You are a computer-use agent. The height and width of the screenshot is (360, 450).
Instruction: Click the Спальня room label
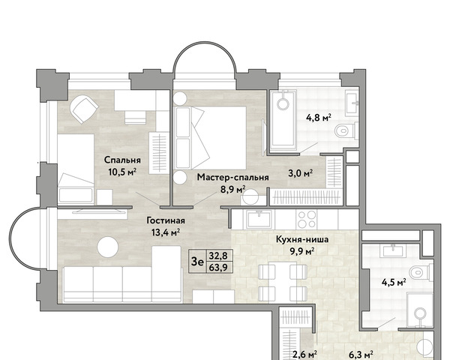(x=122, y=160)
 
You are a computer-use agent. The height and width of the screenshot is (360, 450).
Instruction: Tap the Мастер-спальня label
(x=232, y=178)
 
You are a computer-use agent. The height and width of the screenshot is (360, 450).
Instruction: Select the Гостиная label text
(x=166, y=220)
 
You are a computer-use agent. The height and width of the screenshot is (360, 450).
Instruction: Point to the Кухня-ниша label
(x=302, y=239)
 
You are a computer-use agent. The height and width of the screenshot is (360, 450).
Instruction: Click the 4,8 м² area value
(x=319, y=118)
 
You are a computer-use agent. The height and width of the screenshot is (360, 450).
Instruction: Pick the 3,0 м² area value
(x=301, y=173)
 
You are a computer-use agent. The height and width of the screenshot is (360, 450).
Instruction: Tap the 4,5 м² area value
(x=394, y=283)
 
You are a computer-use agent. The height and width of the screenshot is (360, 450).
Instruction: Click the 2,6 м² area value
(x=304, y=355)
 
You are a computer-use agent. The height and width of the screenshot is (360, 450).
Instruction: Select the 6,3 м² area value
(x=361, y=355)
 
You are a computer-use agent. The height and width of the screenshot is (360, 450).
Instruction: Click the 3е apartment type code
(x=197, y=262)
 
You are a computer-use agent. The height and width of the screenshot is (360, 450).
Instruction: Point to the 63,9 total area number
(x=218, y=268)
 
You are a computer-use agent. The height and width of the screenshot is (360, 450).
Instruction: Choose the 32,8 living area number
(x=218, y=255)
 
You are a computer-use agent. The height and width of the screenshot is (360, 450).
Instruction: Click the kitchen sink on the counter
(x=259, y=219)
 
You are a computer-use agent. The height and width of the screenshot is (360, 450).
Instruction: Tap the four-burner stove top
(x=307, y=219)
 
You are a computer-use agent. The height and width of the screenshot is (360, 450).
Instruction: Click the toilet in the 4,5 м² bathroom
(x=421, y=272)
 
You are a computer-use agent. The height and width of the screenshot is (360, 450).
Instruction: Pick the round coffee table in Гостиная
(x=107, y=247)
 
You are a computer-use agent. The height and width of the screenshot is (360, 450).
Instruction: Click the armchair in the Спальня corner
(x=84, y=109)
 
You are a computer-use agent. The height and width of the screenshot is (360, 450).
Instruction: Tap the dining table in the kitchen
(x=283, y=283)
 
